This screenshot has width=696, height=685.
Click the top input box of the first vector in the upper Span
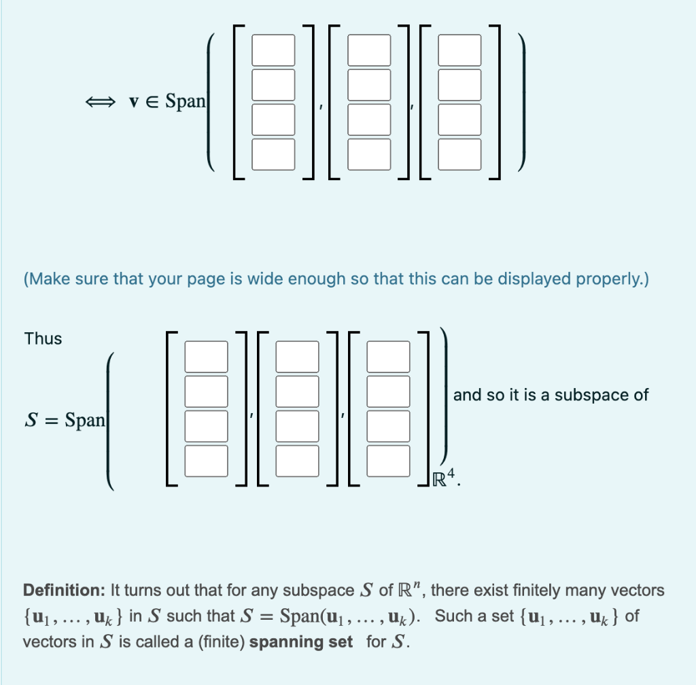(273, 50)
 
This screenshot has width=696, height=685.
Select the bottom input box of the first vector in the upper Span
(273, 154)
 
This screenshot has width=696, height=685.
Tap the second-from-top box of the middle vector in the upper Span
(369, 85)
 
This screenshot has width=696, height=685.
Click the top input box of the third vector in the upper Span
(459, 50)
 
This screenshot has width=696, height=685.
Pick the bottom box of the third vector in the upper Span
(459, 154)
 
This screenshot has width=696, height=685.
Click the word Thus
(43, 338)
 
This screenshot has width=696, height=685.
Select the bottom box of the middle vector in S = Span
(297, 460)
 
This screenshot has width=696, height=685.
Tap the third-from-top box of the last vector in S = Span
(388, 425)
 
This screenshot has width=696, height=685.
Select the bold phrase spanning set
(301, 642)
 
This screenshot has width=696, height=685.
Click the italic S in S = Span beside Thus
(31, 420)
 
